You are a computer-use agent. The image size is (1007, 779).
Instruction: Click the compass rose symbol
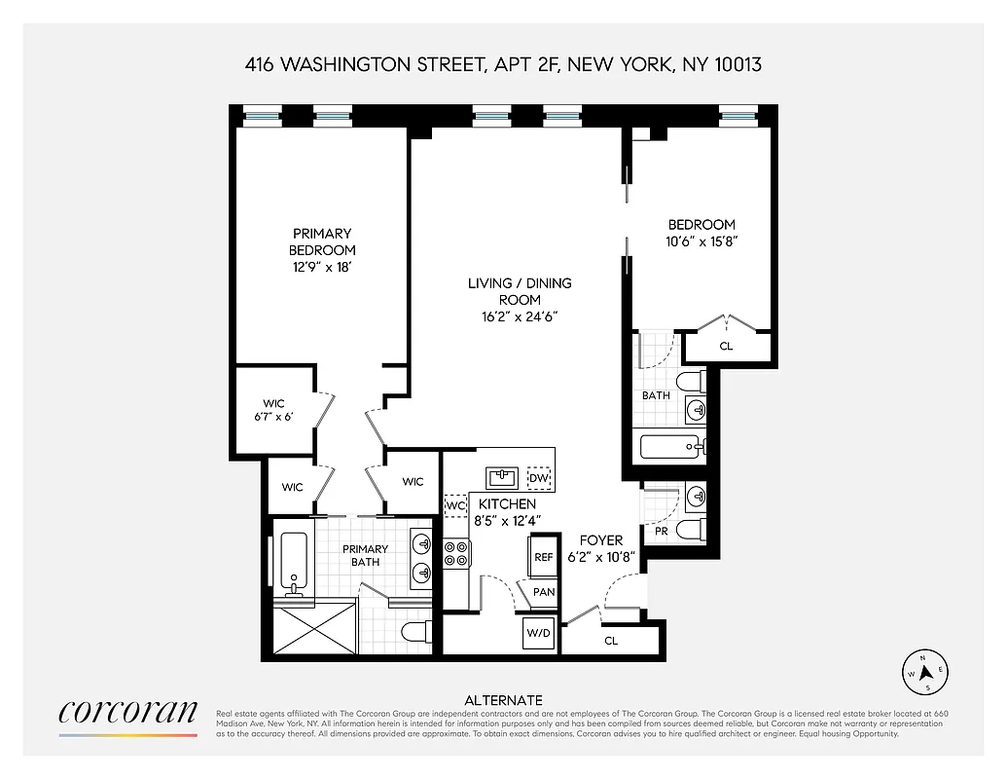coord(926,671)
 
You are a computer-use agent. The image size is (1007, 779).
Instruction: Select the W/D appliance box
coord(538,634)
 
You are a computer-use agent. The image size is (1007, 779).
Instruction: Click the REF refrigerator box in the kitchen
coord(544,557)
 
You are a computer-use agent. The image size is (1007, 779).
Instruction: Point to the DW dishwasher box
coord(538,479)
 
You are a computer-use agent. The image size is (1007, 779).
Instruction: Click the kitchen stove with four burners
coord(457,553)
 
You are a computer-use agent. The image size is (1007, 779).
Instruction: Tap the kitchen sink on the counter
coord(503,477)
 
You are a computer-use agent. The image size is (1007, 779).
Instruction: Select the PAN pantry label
coord(544,592)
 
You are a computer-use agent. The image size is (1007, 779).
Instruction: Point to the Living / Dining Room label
coord(520,291)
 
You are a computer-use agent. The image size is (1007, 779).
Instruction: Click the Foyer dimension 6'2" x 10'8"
coord(601,557)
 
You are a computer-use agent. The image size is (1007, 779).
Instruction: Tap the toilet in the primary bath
coord(415,631)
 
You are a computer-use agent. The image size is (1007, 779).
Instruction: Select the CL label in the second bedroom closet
coord(726,346)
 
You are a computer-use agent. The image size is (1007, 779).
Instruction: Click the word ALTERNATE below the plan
coord(503,700)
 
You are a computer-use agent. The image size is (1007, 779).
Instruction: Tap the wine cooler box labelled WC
coord(454,506)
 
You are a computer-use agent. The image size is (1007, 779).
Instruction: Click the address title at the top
coord(503,65)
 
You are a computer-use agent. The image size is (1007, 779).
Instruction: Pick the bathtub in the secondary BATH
coord(670,448)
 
